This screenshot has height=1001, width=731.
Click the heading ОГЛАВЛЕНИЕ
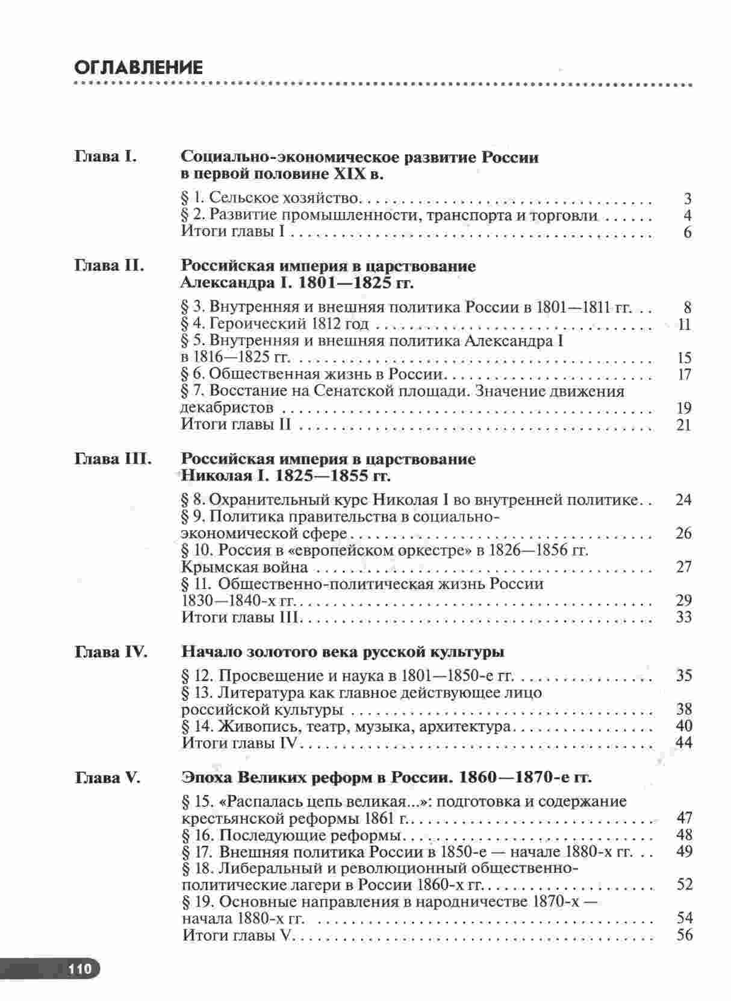pos(138,67)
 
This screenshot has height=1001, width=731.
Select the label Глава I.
pos(106,157)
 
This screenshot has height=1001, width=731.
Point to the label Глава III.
pos(113,459)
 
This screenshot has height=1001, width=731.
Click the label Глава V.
pos(108,778)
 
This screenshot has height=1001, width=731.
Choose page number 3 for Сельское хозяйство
pos(687,199)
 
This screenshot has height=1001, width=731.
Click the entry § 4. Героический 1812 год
pos(275,325)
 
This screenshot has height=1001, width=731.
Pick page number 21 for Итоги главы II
pos(683,425)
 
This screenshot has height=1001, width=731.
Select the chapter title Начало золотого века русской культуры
pos(343,652)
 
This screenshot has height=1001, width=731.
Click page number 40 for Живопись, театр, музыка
pos(683,726)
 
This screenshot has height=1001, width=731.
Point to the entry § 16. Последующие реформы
pos(291,835)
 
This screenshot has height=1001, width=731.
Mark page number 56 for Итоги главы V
pos(684,935)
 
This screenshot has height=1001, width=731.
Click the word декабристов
pos(228,408)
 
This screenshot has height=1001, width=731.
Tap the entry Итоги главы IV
pos(240,743)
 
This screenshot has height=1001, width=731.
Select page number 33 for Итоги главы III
pos(683,617)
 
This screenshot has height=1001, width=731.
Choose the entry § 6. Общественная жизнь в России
pos(312,375)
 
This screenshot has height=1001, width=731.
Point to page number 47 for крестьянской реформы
pos(684,818)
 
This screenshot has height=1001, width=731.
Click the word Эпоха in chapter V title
pos(205,778)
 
